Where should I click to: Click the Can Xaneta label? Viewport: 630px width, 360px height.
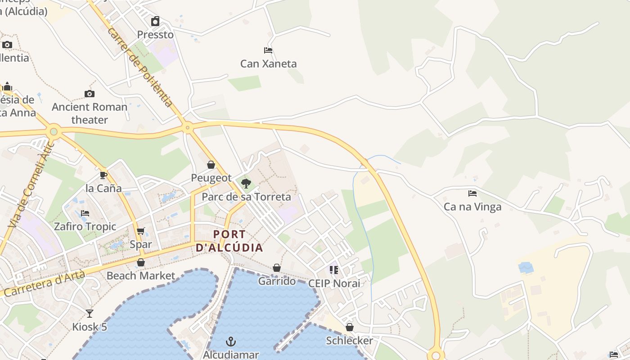click(268, 63)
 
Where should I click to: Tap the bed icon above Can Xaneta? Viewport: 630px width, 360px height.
click(268, 50)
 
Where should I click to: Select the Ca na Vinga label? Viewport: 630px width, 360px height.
click(472, 207)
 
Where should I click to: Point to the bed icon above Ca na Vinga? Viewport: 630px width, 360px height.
click(472, 193)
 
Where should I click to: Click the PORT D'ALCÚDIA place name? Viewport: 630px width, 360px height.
click(229, 241)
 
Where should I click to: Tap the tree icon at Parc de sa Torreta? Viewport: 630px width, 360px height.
click(246, 183)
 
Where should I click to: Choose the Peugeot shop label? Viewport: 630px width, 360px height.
click(211, 178)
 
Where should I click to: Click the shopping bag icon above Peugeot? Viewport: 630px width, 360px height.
click(211, 165)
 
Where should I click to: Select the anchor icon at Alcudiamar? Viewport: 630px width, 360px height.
click(231, 342)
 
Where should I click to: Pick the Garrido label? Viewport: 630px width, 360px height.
click(277, 281)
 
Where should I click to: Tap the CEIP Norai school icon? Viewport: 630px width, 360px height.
click(334, 270)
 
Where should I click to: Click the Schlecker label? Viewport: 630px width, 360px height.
click(349, 341)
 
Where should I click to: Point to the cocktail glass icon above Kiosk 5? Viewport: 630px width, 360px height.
click(90, 313)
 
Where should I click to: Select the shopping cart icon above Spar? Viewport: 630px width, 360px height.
click(141, 231)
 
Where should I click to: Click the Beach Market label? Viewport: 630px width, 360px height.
click(140, 275)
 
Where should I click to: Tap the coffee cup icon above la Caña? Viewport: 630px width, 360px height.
click(103, 175)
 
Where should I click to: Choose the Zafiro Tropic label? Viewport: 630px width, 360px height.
click(85, 226)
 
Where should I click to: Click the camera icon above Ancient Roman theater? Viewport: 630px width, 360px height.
click(90, 94)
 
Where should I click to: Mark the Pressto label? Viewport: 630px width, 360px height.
click(155, 35)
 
